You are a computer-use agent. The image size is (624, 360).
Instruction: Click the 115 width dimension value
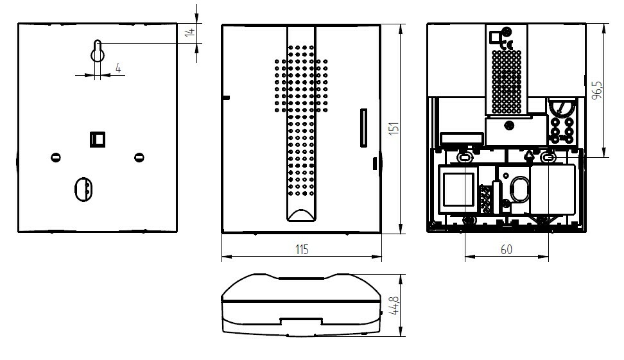coord(302,250)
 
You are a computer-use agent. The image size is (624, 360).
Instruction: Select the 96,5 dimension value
coord(596,90)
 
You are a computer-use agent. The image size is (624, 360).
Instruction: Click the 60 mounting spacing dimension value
coord(507,250)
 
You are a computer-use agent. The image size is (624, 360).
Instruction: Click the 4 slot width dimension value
coord(118,68)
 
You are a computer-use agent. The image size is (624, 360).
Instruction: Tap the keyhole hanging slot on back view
coord(98,51)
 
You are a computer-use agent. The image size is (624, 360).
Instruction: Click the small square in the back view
coord(98,139)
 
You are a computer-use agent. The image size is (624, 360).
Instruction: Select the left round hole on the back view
coord(56,157)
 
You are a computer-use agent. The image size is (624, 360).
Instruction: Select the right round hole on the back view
coord(139,157)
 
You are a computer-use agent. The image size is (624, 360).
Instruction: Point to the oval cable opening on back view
coord(83,189)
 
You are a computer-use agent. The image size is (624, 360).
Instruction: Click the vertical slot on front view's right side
coord(363,128)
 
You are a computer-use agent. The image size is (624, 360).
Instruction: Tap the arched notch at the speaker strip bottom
coord(301,215)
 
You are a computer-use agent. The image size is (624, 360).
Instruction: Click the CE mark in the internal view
coord(507,44)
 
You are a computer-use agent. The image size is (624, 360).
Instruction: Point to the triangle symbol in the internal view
coord(529,155)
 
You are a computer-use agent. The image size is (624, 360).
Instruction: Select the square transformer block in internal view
coord(458,189)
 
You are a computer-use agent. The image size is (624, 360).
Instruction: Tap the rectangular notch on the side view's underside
coord(300,321)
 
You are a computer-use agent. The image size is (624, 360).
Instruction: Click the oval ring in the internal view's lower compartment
coord(520,189)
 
